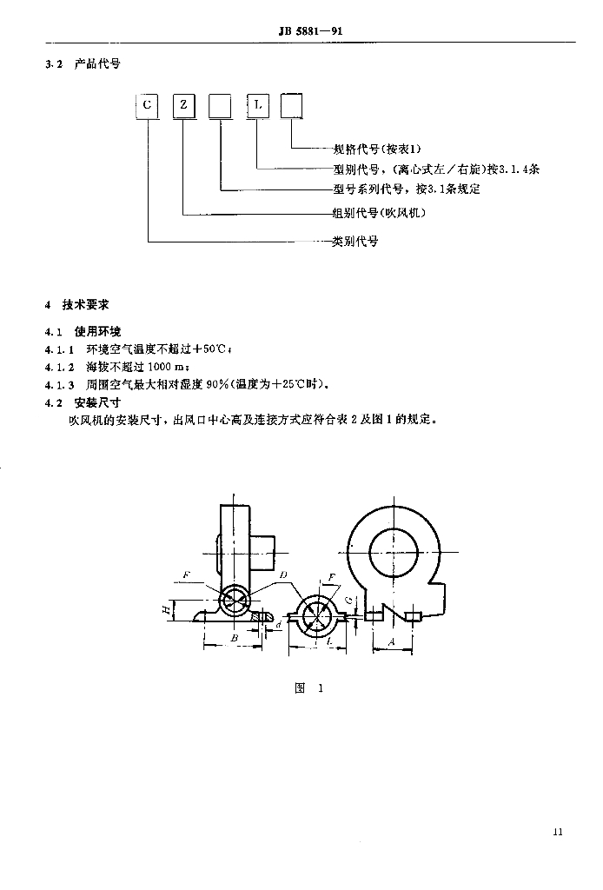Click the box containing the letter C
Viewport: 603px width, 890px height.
tap(147, 105)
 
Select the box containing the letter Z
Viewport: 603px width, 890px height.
tap(184, 105)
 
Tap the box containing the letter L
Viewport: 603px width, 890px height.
tap(257, 105)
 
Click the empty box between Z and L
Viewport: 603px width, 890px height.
tap(220, 105)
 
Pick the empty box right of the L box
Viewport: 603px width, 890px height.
tap(291, 105)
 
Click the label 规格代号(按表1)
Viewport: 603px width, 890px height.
tap(377, 149)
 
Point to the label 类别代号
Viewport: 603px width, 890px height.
tap(355, 242)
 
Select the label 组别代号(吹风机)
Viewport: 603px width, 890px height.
tap(379, 213)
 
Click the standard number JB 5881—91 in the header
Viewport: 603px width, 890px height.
tap(310, 30)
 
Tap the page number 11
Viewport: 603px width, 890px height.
tap(558, 832)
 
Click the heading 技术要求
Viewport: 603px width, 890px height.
tap(86, 305)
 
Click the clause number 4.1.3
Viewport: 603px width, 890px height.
tap(60, 385)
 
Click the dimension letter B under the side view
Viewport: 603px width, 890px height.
tap(234, 638)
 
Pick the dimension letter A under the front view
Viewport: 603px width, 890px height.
tap(391, 641)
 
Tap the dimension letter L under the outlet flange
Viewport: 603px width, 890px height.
tap(329, 642)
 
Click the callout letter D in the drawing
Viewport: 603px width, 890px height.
tap(283, 575)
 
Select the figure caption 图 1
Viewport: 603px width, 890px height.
tap(309, 688)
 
